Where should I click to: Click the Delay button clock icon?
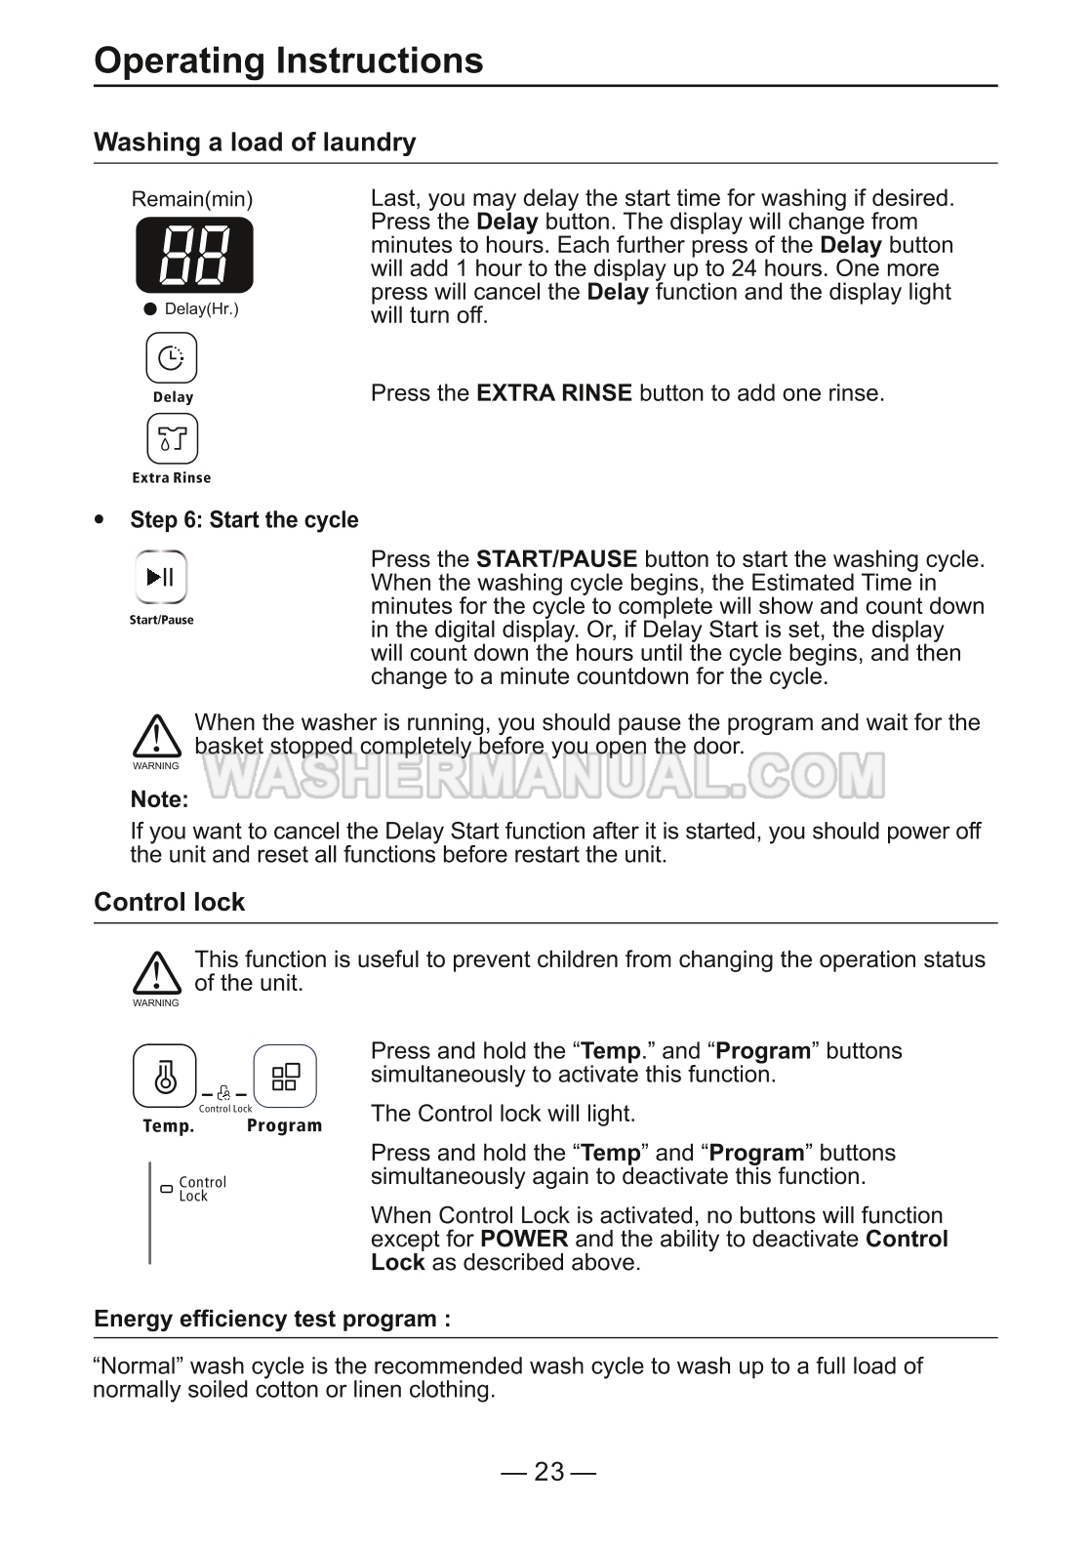point(171,358)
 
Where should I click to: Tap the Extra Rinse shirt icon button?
point(172,439)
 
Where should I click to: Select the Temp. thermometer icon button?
point(164,1077)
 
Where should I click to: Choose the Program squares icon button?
point(285,1077)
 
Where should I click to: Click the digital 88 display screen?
point(194,256)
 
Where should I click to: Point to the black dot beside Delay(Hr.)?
point(150,309)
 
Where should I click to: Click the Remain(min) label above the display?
point(192,200)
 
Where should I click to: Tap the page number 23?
point(548,1472)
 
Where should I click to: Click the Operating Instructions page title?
point(288,61)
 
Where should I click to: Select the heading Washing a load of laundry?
point(255,143)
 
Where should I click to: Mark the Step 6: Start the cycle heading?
point(244,520)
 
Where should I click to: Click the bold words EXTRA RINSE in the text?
point(553,393)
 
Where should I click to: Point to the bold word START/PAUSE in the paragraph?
point(556,559)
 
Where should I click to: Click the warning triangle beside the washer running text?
point(156,736)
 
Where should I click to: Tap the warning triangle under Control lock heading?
point(156,973)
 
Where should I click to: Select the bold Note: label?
point(159,799)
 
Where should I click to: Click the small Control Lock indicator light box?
point(166,1189)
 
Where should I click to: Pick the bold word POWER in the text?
point(524,1240)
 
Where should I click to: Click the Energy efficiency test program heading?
point(272,1320)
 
